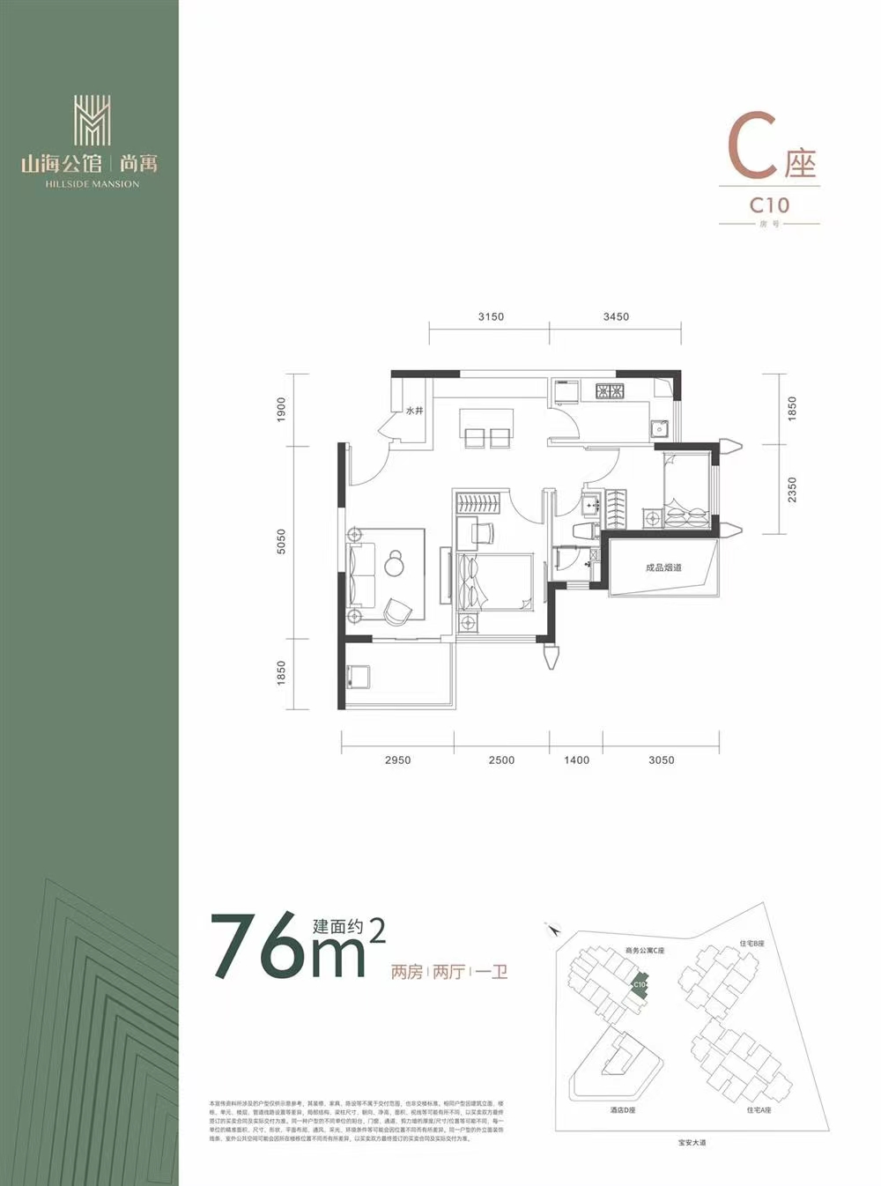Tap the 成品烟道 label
663,567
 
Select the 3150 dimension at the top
491,317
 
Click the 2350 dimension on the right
792,490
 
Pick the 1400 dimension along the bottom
577,760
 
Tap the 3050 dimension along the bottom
661,760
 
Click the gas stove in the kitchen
610,390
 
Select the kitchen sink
659,429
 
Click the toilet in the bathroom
584,531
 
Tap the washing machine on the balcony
359,677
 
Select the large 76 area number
261,947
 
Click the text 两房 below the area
406,973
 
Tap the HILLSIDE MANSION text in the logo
92,184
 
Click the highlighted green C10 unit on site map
639,985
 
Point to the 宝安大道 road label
692,1143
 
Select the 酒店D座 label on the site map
622,1110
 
